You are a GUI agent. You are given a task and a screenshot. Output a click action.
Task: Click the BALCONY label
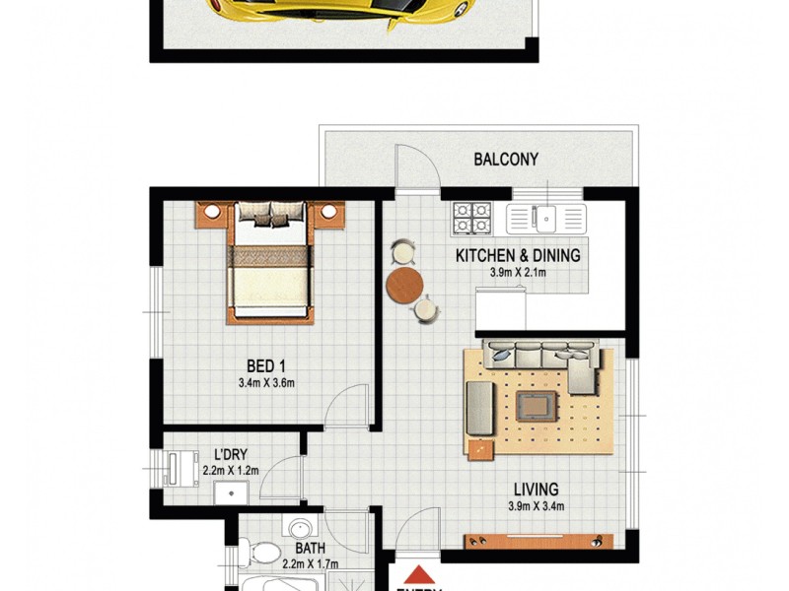point(507,159)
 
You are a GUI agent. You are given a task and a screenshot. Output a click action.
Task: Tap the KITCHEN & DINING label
point(517,255)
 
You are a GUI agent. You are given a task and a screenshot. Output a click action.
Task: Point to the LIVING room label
point(535,489)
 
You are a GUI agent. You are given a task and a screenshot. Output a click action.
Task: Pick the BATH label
point(312,548)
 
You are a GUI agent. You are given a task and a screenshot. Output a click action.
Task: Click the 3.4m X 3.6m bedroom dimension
point(266,384)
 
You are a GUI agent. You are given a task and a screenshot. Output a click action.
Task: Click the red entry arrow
point(420,574)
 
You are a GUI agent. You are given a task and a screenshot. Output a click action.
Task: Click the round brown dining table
point(404,286)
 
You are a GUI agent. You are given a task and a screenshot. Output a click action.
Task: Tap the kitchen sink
point(544,216)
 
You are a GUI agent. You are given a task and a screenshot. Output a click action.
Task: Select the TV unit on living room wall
point(538,541)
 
